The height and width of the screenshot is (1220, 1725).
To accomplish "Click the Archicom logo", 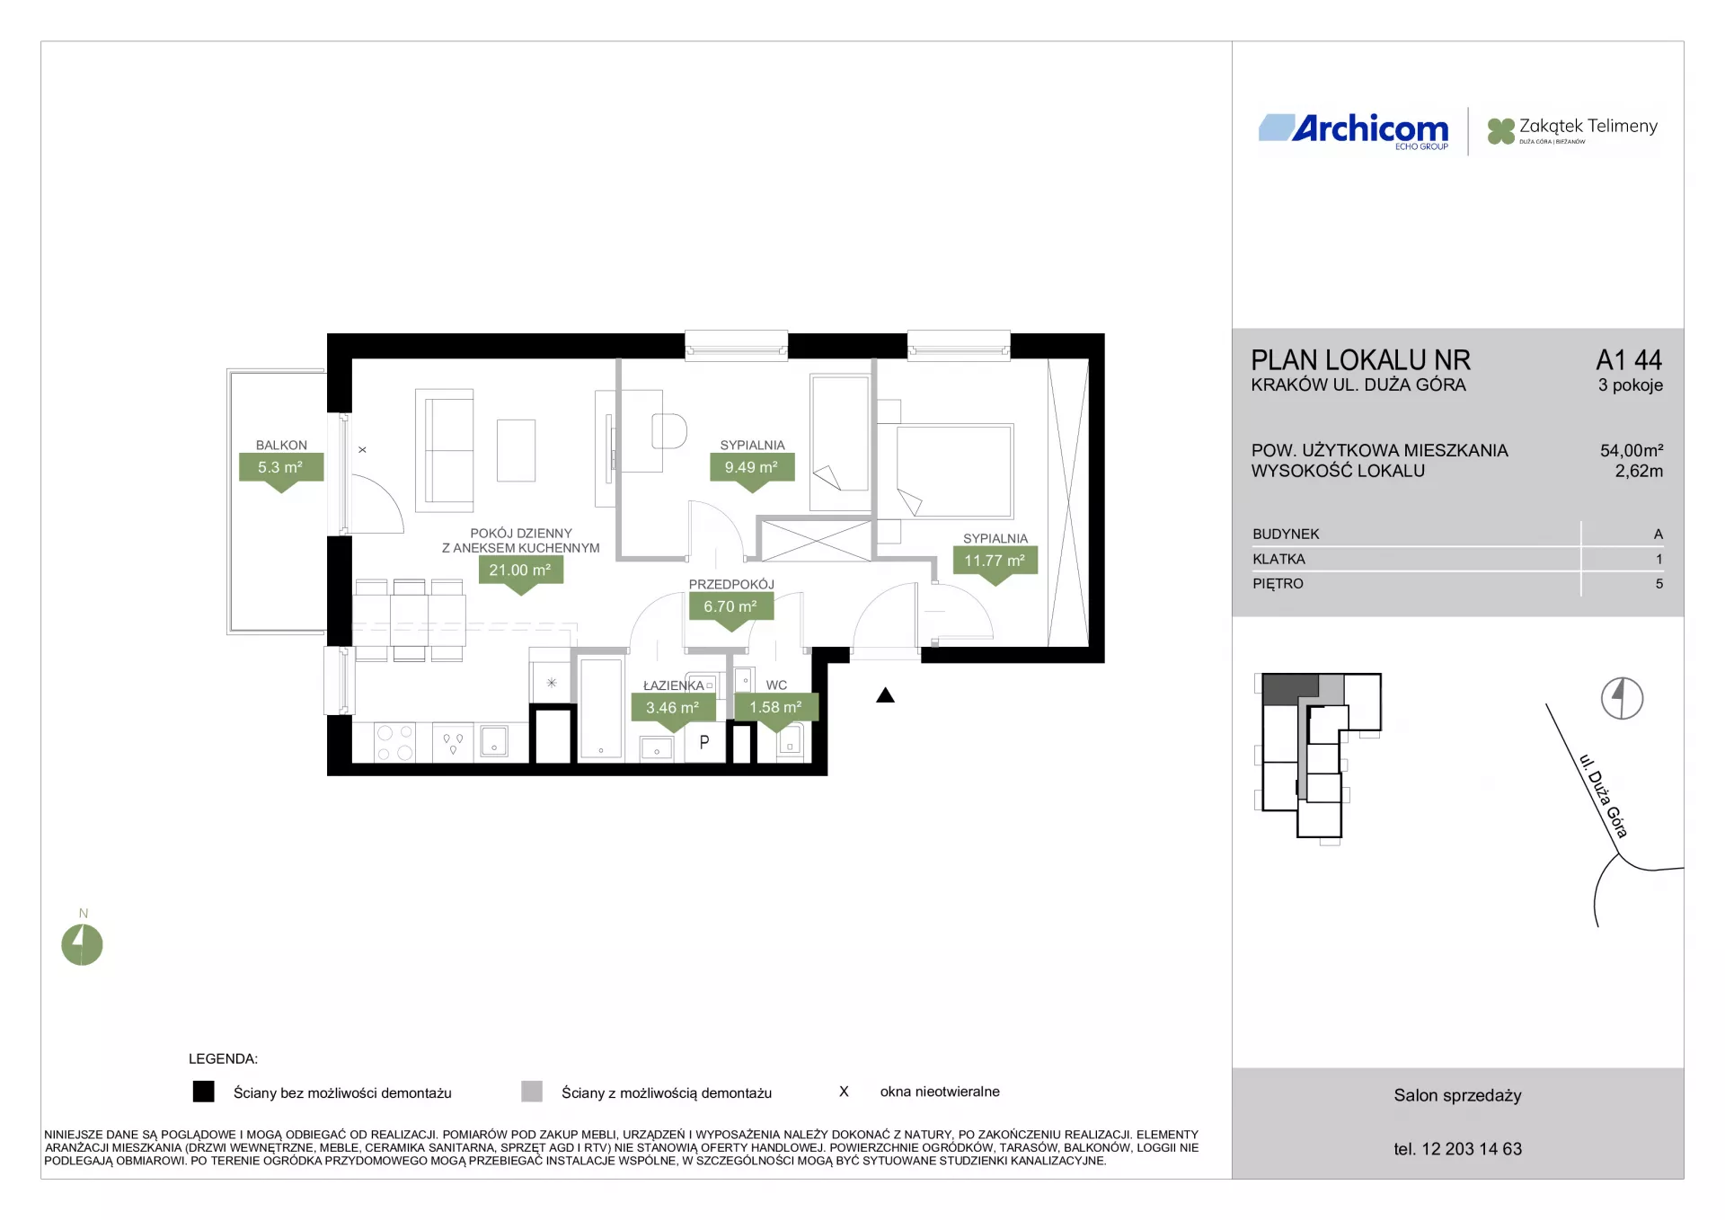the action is (x=1353, y=131).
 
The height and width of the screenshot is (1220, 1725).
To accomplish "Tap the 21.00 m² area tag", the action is (x=521, y=570).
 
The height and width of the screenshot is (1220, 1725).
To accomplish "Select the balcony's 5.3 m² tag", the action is (x=281, y=468).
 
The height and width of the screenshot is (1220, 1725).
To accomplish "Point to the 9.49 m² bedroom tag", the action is (x=752, y=468).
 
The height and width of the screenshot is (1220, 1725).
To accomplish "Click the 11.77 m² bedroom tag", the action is (x=995, y=561).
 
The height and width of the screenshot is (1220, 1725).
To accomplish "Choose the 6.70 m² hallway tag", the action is (x=731, y=607).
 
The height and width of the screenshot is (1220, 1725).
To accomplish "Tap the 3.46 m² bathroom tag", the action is (x=673, y=708).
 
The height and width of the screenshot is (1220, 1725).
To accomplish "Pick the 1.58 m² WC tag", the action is (x=776, y=708).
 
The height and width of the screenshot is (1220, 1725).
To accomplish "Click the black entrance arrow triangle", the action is (x=886, y=695).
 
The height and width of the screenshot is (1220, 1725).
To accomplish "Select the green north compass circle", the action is (x=82, y=945).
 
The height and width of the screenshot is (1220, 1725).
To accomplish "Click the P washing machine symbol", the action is (x=704, y=743).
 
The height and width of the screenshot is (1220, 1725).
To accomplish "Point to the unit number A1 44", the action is (x=1629, y=360).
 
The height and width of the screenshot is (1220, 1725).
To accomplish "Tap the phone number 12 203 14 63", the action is (x=1472, y=1149).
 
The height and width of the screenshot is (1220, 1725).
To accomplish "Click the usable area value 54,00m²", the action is (x=1632, y=450).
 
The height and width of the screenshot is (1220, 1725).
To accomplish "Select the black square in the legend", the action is (x=204, y=1092).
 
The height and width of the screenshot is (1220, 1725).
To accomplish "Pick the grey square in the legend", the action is (x=532, y=1092).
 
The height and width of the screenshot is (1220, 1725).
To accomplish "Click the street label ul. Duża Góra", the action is (x=1603, y=796).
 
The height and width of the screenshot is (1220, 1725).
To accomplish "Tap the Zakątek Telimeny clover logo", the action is (x=1500, y=131).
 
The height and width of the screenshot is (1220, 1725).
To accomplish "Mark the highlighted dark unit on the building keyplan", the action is (x=1290, y=689).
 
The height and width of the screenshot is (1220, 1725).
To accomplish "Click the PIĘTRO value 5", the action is (x=1659, y=584).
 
